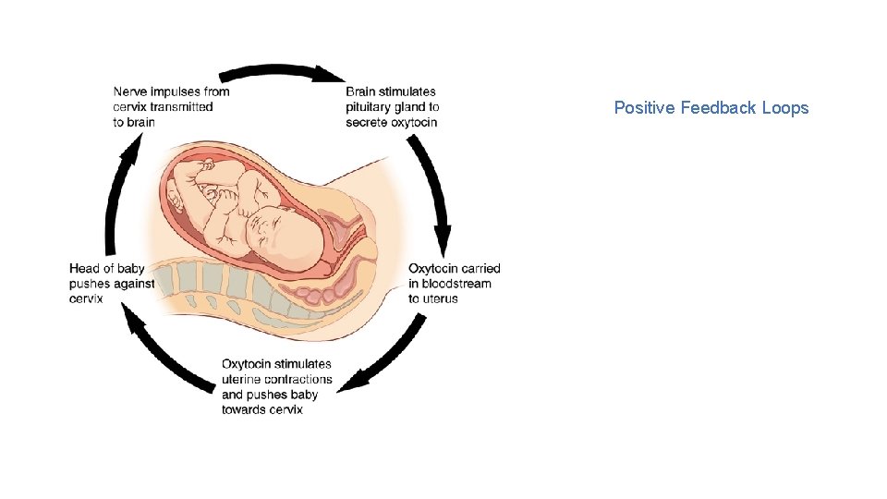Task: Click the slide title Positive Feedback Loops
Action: click(711, 108)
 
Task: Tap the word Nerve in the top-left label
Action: click(129, 91)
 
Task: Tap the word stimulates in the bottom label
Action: click(303, 364)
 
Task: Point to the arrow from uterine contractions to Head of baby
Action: click(166, 356)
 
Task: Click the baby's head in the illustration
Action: click(286, 237)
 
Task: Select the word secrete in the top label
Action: click(366, 122)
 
